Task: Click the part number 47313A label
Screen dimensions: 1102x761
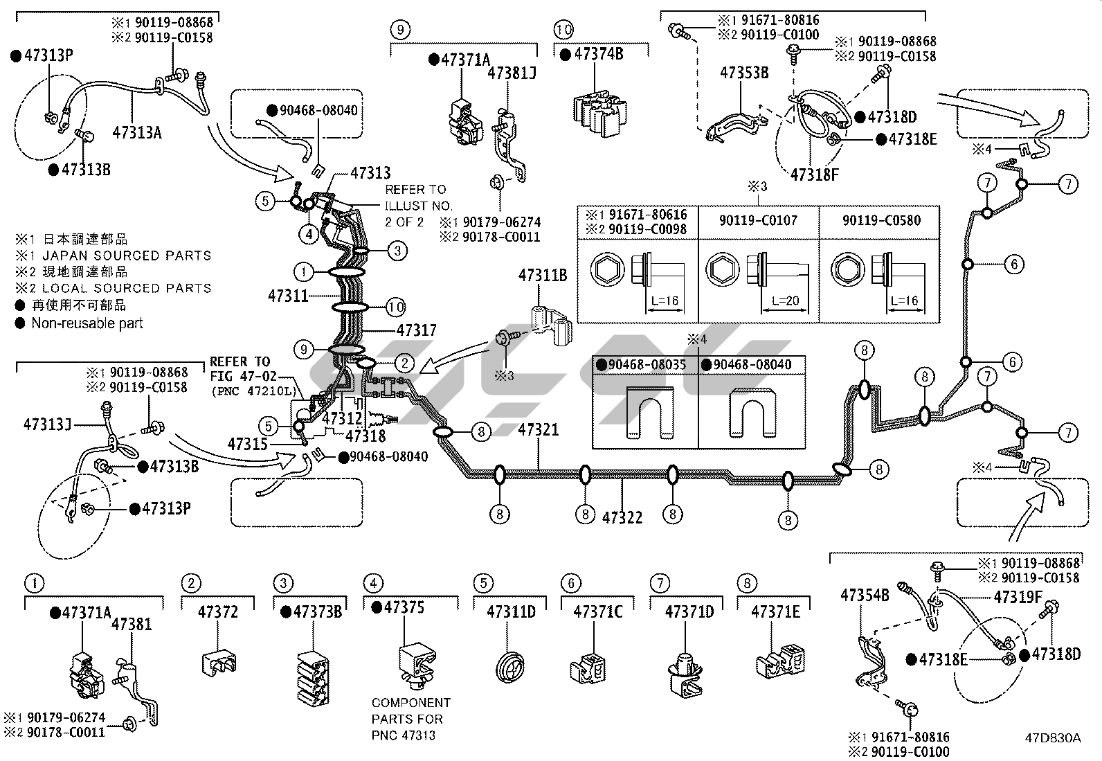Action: coord(137,132)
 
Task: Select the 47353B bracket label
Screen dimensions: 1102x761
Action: coord(744,73)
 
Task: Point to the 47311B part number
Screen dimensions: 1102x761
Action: coord(543,275)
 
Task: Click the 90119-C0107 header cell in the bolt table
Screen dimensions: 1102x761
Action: coord(758,220)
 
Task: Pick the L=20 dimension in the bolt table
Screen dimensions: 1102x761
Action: coord(785,301)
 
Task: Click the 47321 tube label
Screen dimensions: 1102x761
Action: coord(539,430)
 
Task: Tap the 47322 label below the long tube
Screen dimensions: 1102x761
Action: coord(622,517)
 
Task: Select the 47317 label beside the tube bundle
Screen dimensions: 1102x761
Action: coord(416,330)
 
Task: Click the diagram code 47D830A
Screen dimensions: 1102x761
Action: coord(1053,738)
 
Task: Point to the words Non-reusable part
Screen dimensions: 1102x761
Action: coord(87,323)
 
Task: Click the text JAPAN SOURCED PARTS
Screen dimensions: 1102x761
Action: coord(127,256)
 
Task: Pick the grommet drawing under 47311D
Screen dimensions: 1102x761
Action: coord(510,667)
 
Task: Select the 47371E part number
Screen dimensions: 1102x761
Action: coord(775,612)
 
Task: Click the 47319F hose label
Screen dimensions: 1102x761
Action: coord(1018,597)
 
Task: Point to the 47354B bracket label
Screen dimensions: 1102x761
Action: coord(865,595)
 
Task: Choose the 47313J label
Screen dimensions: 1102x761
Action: coord(47,424)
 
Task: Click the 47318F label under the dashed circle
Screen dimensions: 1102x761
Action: coord(814,174)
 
